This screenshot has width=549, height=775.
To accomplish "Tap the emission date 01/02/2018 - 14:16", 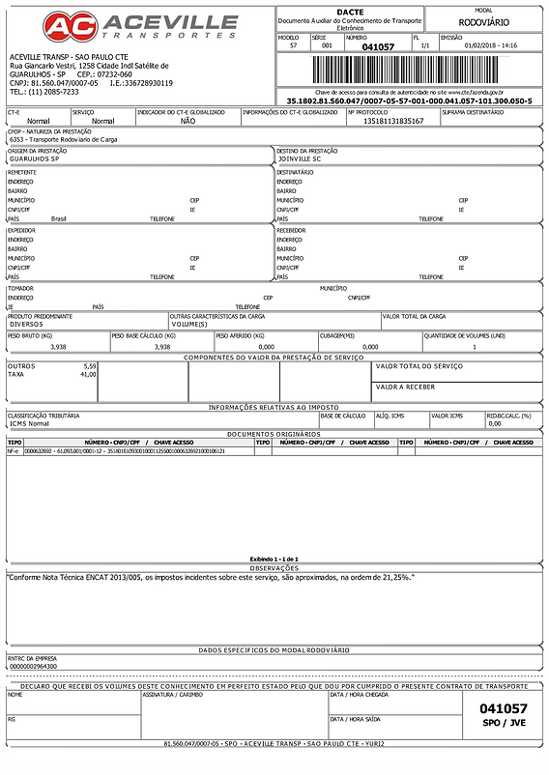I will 490,45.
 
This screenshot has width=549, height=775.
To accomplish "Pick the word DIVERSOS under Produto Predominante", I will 29,324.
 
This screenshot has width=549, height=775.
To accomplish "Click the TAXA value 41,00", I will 89,374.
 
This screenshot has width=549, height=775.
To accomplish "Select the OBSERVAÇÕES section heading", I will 274,567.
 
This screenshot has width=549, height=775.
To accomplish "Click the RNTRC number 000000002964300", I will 33,667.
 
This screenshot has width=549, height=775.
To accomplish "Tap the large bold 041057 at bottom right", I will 504,709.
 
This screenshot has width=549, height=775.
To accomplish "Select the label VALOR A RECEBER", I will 405,387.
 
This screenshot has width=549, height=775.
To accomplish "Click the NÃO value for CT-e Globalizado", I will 188,121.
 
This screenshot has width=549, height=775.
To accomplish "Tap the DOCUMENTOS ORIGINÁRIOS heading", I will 274,434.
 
